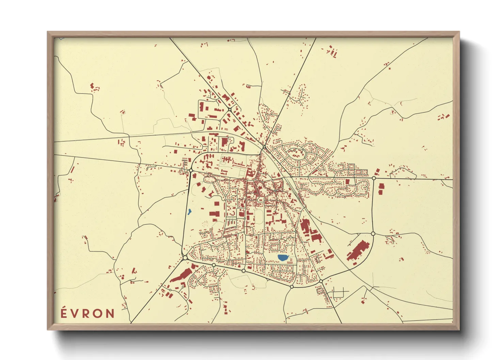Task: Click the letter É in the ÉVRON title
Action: click(64, 313)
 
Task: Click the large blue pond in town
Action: click(282, 258)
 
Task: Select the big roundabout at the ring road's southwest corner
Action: click(185, 258)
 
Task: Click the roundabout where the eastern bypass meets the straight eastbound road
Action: click(374, 178)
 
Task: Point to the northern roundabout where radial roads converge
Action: click(264, 147)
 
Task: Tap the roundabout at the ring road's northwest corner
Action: click(191, 170)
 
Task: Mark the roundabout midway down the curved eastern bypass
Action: click(373, 233)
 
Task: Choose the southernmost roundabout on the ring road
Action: click(292, 287)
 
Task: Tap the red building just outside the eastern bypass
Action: click(381, 189)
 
